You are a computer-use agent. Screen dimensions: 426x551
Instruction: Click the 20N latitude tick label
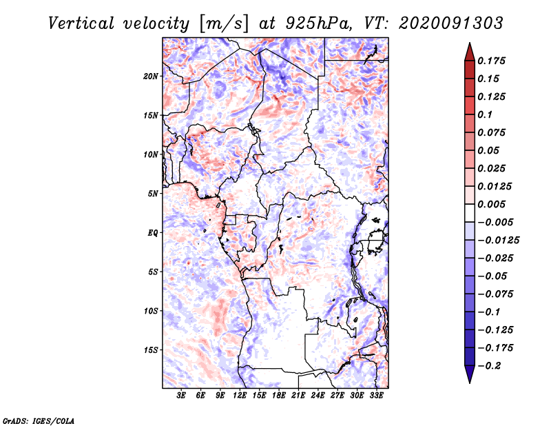point(151,76)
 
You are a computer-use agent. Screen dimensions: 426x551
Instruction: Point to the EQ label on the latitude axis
point(153,233)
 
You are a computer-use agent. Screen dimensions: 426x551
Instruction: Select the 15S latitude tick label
point(151,350)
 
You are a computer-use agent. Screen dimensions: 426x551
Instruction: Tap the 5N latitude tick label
point(153,194)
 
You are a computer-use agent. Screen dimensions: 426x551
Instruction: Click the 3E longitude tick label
point(182,396)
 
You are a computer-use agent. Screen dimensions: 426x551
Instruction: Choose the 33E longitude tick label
point(377,396)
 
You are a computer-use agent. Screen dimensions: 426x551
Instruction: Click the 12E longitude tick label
point(240,396)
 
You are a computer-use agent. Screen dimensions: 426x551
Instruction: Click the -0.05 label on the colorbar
point(493,276)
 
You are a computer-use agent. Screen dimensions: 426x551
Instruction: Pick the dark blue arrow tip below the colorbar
point(469,378)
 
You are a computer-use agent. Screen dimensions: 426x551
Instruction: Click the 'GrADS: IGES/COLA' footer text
point(29,420)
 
